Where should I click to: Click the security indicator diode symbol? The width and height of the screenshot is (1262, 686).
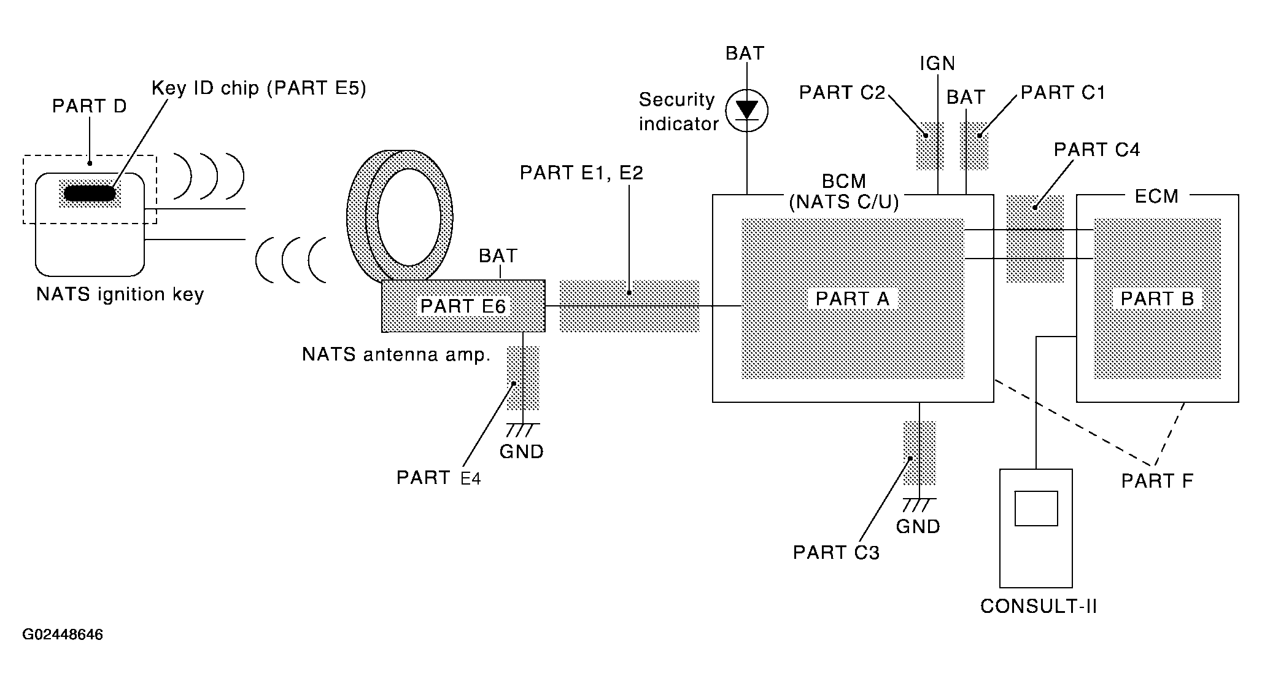(746, 111)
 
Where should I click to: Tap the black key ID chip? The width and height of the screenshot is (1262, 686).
(90, 193)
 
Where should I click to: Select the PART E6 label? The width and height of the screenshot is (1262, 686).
(463, 306)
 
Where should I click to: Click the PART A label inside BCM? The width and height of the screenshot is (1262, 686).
(852, 298)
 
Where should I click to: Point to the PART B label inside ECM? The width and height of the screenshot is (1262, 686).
(1157, 298)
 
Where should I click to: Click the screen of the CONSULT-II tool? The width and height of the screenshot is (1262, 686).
(1036, 509)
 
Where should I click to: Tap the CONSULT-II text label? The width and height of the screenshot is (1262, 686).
(1039, 606)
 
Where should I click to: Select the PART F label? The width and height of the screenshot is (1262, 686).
(1157, 481)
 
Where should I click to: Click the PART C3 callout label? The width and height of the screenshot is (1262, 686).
(836, 552)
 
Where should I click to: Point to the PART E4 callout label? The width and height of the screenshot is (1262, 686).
(439, 477)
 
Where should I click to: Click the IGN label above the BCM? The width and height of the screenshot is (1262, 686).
(937, 63)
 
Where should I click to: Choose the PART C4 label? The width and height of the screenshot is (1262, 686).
(1097, 150)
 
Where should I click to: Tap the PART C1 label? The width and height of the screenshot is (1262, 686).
(1063, 93)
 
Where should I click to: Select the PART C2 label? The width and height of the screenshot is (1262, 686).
(842, 93)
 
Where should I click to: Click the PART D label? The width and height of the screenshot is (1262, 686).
(90, 106)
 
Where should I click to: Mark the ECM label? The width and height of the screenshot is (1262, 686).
(1156, 196)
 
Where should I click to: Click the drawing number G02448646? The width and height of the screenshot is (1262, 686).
(63, 634)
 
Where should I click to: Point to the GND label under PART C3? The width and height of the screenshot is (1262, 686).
(918, 526)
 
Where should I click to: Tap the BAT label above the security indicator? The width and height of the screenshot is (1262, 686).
(745, 53)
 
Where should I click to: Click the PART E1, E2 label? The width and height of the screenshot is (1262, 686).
(581, 173)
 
